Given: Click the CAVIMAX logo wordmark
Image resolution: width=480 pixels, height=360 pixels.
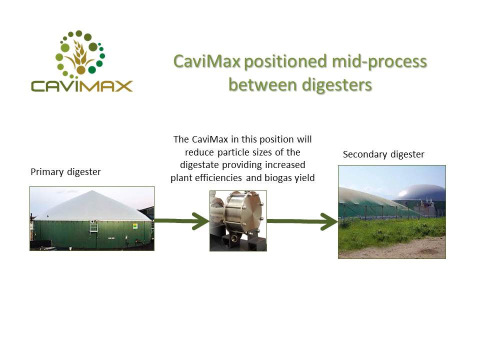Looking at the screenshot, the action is [x=81, y=86].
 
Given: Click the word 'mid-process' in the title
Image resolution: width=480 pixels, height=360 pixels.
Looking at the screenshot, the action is [x=379, y=62].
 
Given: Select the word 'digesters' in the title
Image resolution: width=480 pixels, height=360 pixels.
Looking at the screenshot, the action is [x=336, y=85].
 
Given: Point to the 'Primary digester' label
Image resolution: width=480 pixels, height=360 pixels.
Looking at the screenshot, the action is [x=65, y=172].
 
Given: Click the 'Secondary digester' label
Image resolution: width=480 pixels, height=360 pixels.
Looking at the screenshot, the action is [x=383, y=154].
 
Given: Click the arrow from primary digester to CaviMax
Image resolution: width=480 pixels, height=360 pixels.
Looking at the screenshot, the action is [x=182, y=220].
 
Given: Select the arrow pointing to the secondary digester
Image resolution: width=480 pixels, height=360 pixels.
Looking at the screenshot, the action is [x=302, y=221].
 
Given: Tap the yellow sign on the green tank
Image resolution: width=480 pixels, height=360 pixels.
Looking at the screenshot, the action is [x=135, y=226].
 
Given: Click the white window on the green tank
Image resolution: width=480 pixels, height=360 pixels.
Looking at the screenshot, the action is [x=93, y=227].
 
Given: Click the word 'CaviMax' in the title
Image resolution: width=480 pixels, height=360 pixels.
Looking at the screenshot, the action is [x=207, y=61].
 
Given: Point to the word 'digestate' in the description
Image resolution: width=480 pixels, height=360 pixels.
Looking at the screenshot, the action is [x=199, y=165].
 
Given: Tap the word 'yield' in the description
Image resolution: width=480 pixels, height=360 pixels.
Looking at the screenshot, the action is [x=304, y=178].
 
